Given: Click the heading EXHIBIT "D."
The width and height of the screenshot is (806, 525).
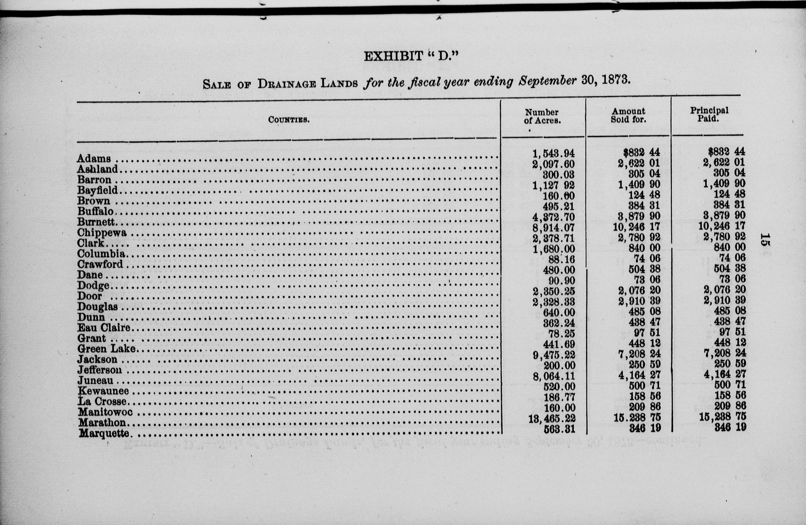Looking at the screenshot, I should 411,56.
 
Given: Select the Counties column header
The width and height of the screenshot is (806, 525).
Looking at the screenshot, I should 288,120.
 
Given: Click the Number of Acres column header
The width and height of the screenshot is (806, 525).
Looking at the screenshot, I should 542,116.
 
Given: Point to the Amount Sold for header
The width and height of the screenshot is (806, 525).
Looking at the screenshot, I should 628,115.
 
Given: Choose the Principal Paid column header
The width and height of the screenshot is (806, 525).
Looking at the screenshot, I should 709,114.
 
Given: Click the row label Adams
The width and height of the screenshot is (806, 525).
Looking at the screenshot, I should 94,158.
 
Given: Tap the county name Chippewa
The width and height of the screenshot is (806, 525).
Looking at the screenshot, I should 101,232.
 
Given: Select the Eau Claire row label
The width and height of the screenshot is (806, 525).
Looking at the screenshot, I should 104,328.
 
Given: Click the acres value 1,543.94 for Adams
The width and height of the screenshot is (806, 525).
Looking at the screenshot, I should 553,154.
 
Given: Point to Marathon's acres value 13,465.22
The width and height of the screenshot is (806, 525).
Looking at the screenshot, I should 552,418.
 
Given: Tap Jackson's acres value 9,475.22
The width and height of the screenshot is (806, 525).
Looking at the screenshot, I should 553,355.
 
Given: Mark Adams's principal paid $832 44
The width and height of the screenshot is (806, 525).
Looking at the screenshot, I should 726,152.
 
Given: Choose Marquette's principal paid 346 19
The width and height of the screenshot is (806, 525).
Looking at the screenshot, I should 730,427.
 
